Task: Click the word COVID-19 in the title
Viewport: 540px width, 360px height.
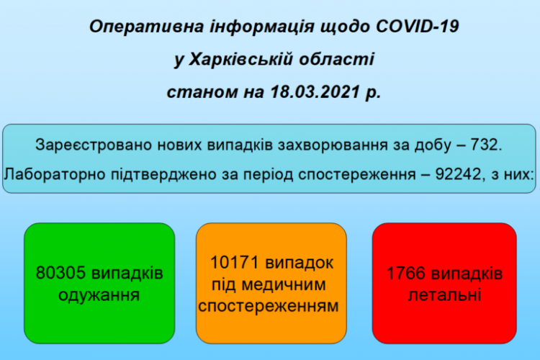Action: click(x=418, y=27)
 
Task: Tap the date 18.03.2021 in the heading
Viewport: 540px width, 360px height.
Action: click(x=315, y=91)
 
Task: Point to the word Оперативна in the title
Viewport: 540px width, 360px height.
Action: click(x=146, y=27)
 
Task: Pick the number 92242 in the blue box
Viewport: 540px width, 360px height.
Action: click(x=458, y=174)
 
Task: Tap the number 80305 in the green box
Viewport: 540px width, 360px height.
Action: click(x=60, y=273)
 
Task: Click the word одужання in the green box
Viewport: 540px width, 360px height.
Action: click(x=99, y=295)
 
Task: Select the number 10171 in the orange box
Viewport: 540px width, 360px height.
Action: click(x=235, y=263)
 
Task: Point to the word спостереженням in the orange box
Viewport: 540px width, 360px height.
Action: click(x=269, y=306)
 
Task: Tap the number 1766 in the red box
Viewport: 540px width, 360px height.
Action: click(x=406, y=273)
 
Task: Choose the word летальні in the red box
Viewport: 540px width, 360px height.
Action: click(x=445, y=295)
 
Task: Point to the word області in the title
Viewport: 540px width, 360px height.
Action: click(x=336, y=59)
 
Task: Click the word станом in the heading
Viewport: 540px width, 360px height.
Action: click(x=202, y=92)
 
